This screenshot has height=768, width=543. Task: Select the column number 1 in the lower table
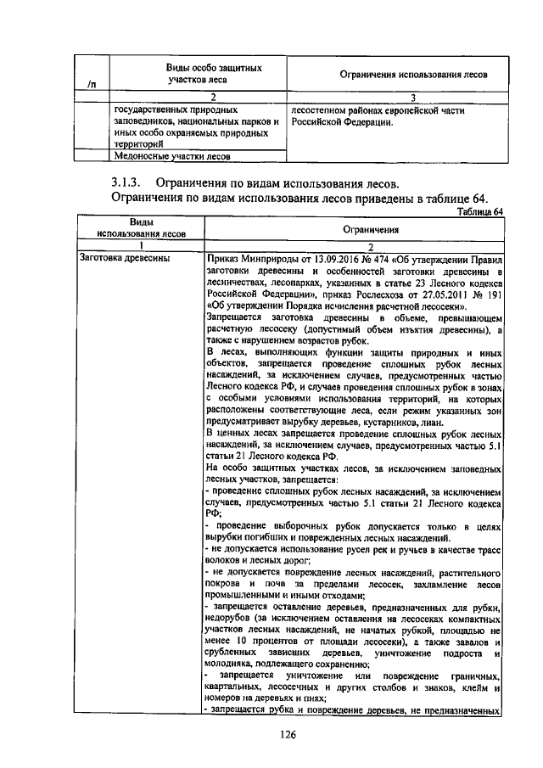click(140, 245)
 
